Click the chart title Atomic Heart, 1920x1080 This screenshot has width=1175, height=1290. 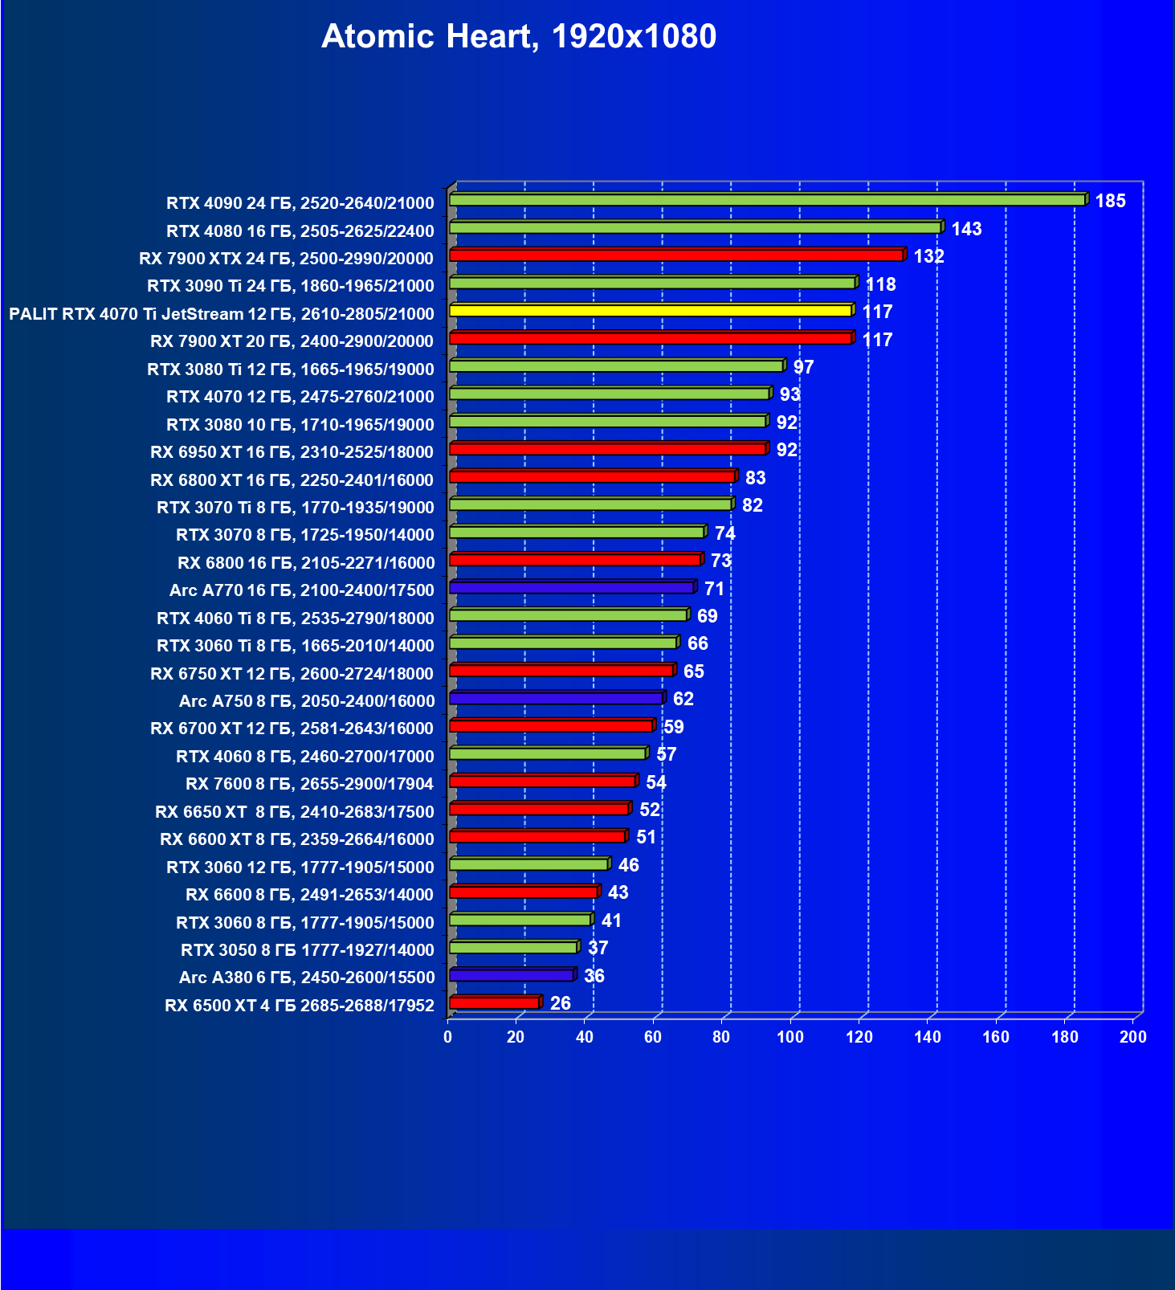click(519, 36)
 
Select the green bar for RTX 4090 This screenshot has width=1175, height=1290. click(767, 200)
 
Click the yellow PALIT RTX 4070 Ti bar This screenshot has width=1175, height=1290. click(651, 311)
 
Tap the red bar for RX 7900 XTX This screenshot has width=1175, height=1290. click(676, 255)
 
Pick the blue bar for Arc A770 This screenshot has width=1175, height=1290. click(572, 588)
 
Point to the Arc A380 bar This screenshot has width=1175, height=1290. click(512, 975)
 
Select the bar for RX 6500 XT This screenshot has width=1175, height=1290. click(494, 1003)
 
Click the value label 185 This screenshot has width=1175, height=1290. click(1110, 201)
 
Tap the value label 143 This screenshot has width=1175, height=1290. click(966, 229)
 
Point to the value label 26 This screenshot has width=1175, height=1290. click(560, 1003)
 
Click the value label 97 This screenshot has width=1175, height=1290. click(803, 367)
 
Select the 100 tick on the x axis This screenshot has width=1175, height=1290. click(790, 1037)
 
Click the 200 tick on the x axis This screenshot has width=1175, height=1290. click(1133, 1037)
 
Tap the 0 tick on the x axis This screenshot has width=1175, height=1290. click(448, 1037)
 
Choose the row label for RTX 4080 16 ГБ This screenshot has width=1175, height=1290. click(300, 231)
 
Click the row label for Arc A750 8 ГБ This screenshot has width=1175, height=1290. click(306, 701)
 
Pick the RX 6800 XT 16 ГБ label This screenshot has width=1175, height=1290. click(292, 480)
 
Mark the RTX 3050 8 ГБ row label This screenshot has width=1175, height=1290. click(307, 950)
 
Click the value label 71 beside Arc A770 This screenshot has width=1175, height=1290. click(714, 589)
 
